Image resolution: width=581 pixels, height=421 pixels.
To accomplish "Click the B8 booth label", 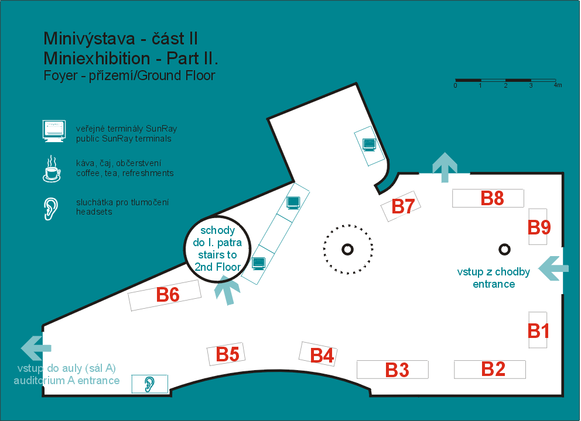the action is pos(492,198).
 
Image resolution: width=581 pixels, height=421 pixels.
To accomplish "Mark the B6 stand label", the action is pos(168,295).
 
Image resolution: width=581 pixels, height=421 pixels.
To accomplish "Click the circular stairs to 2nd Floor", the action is pos(217,249).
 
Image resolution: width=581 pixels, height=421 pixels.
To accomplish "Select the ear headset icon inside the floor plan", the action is pos(149,384).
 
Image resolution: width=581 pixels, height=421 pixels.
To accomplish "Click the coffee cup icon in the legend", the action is pos(52,169).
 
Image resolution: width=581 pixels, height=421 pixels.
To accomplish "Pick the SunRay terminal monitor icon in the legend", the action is pos(54,131).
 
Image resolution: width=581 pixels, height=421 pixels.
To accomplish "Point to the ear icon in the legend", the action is pos(51,209).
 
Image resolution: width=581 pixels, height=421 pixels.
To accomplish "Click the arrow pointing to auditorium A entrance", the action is pos(36,348).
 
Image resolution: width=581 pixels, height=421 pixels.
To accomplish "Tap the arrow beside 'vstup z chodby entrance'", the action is pos(553,268).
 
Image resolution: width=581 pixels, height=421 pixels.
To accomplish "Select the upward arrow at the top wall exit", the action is pos(445,167).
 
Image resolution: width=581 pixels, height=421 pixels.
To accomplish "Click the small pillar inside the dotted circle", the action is pos(347,249).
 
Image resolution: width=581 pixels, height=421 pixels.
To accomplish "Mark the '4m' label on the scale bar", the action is pos(558,85).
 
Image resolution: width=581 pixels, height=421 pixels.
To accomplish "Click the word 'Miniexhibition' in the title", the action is pos(97,58).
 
